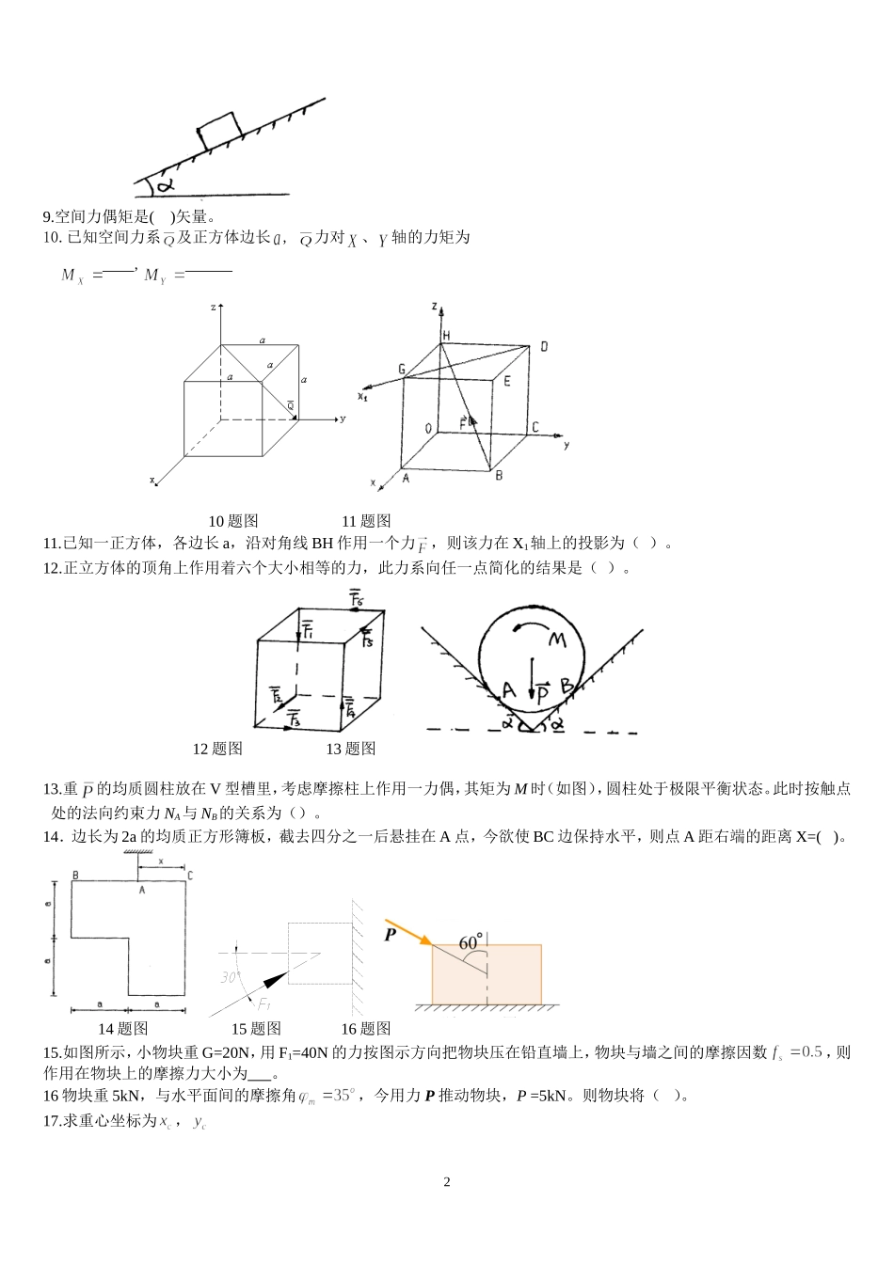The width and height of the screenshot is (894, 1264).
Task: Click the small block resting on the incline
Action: point(218,130)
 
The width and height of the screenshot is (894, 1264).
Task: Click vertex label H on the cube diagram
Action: point(446,336)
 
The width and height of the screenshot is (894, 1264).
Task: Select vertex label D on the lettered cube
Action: point(543,348)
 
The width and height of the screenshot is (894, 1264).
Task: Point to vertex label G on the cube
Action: point(401,371)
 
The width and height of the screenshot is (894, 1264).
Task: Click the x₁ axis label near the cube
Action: point(362,396)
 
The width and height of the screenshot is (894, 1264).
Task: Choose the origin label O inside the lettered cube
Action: point(428,429)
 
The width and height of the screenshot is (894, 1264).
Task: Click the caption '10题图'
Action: point(232,521)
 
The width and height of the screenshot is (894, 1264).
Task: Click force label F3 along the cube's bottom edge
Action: point(294,719)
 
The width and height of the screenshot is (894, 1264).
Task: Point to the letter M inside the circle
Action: point(556,640)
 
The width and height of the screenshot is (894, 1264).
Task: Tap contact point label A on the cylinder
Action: point(508,690)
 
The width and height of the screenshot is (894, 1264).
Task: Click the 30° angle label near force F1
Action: point(231,978)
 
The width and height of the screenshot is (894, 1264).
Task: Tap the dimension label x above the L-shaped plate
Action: point(161,861)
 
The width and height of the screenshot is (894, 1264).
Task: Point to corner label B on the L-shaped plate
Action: point(74,876)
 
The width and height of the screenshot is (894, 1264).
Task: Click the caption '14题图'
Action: point(123,1029)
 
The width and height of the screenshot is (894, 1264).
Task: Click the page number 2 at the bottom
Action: point(447,1182)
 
